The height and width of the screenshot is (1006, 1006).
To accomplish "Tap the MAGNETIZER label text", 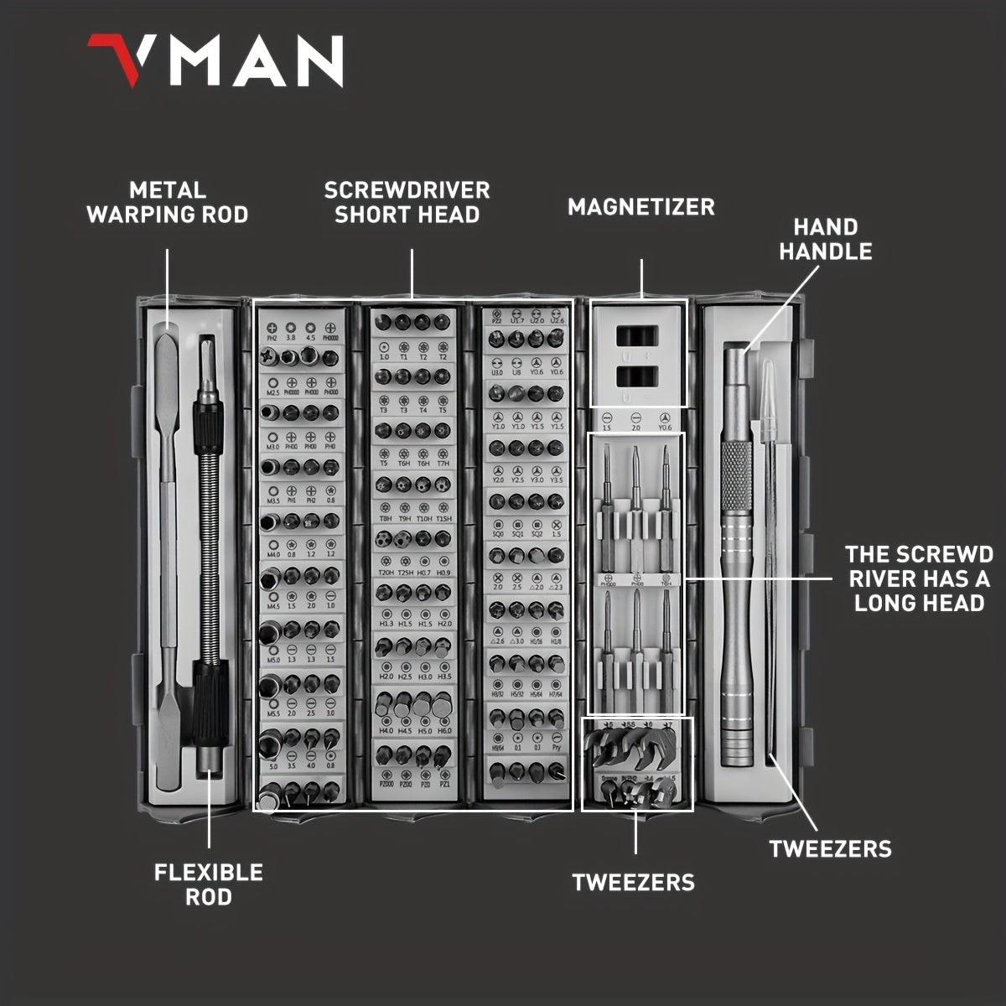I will click(x=641, y=207).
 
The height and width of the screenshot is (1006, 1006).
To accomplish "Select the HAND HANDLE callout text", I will click(x=826, y=239).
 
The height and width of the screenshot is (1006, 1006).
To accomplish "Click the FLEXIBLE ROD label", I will click(x=209, y=884).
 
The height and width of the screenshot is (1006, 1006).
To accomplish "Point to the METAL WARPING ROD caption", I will click(x=168, y=203).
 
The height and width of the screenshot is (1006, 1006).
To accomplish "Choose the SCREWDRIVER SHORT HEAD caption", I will click(x=407, y=202).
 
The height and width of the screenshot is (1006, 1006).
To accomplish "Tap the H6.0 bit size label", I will click(x=445, y=729).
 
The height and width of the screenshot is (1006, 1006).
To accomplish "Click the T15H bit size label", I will click(x=445, y=519).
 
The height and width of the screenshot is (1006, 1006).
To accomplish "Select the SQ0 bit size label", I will click(x=497, y=533).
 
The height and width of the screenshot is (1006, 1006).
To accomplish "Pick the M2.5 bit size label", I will click(x=273, y=392).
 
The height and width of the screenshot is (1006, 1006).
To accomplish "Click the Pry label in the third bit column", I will click(x=557, y=747).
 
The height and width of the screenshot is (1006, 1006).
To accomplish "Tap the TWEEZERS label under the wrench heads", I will click(x=634, y=882).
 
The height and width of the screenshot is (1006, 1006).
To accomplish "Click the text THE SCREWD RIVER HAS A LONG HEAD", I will click(x=919, y=578).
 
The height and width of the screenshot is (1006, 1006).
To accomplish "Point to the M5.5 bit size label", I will click(x=273, y=713).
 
